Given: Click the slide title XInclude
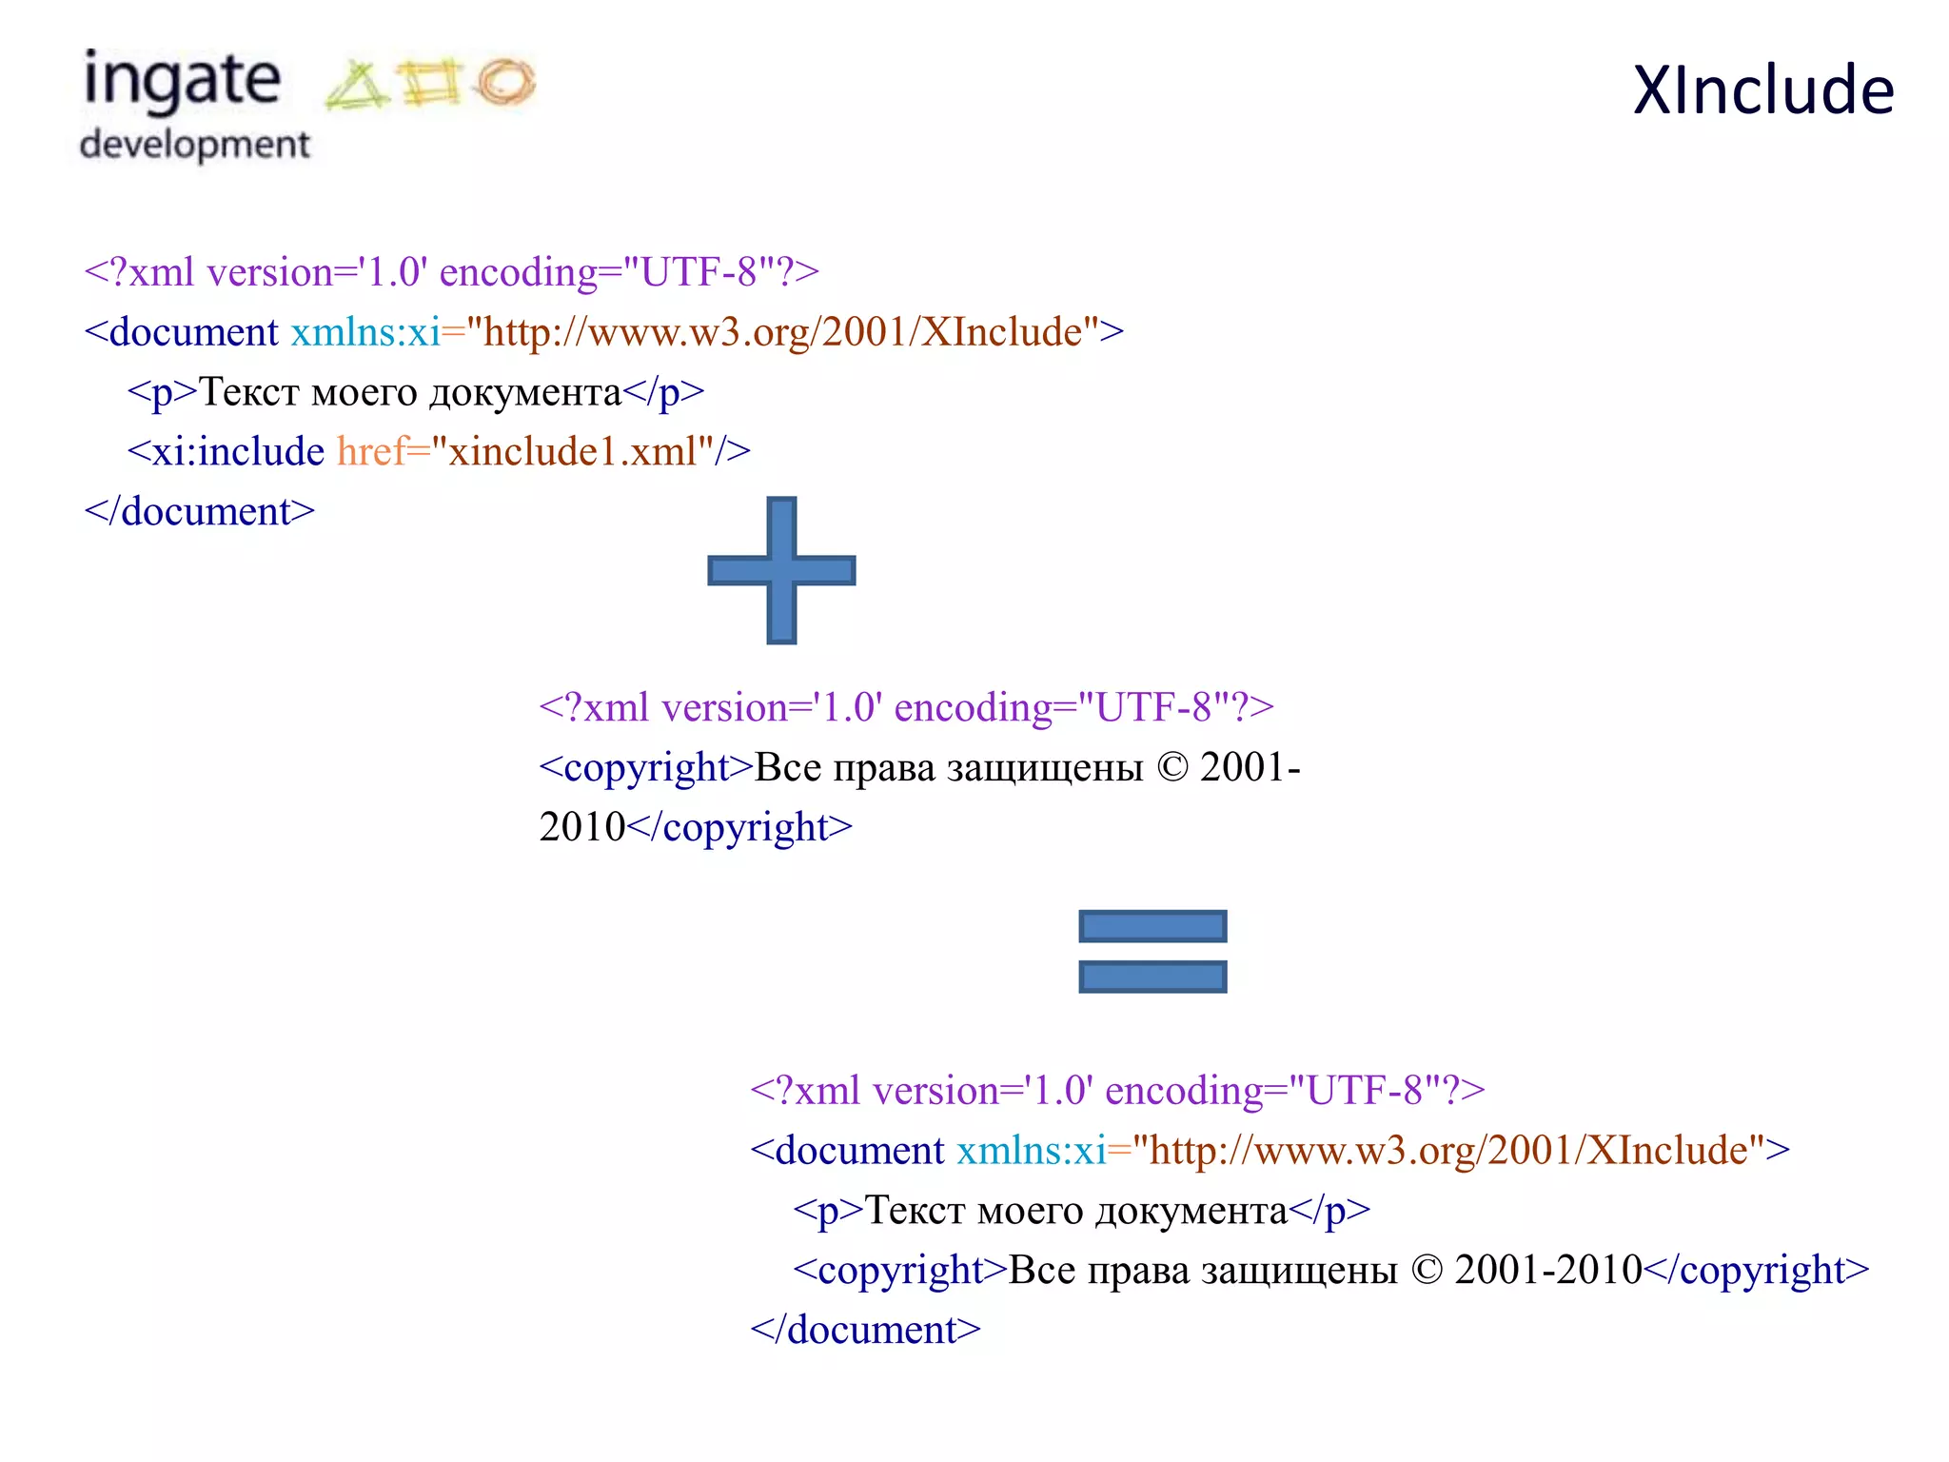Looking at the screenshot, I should tap(1763, 90).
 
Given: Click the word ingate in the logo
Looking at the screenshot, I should tap(183, 81).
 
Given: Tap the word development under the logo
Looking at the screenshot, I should tap(195, 145).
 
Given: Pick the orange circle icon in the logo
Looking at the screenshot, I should tap(506, 82).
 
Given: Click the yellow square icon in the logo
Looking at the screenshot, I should tap(430, 82).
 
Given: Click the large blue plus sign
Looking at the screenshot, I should tap(781, 570).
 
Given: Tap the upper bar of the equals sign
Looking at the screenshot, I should tap(1152, 926).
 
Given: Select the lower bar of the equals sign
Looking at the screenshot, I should tap(1152, 977).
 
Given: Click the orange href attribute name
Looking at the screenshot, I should tap(371, 451).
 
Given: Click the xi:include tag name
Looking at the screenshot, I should tap(238, 451).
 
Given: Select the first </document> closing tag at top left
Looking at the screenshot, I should tap(200, 512).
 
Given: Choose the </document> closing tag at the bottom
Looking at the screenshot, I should tap(865, 1330).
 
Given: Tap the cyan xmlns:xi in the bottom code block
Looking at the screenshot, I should tap(1031, 1151).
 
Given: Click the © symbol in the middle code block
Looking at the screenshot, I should tap(1172, 768).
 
